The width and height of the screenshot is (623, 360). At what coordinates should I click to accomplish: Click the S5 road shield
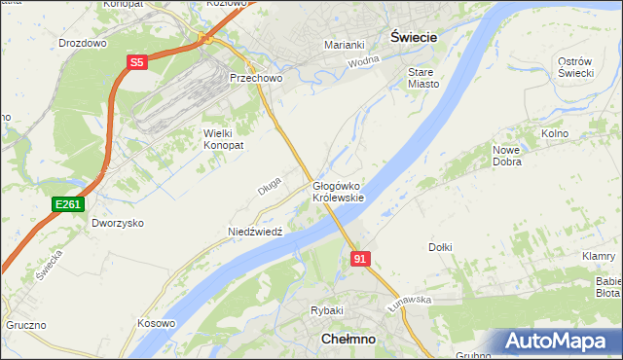(x=136, y=62)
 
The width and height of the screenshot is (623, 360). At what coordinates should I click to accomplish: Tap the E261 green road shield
(x=68, y=204)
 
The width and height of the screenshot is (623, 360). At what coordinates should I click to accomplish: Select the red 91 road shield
(x=360, y=258)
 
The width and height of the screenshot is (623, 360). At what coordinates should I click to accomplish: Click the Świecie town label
(x=412, y=35)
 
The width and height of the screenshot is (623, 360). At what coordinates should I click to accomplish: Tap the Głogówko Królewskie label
(x=338, y=191)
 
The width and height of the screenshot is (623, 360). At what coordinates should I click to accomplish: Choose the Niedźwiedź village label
(x=254, y=232)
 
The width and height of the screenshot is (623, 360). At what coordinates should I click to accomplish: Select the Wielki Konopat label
(x=223, y=138)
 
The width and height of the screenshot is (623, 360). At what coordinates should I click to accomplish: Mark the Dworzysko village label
(x=118, y=223)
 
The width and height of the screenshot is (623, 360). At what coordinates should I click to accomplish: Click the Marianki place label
(x=344, y=45)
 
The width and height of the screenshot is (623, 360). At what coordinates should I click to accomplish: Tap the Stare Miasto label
(x=423, y=78)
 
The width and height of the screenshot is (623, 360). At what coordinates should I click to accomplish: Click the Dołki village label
(x=440, y=247)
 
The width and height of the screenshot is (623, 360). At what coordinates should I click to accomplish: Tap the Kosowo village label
(x=157, y=323)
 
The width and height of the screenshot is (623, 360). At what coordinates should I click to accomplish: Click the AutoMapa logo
(x=559, y=341)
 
